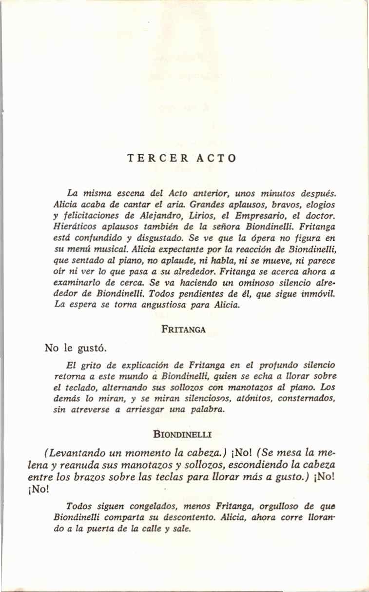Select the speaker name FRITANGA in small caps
183,329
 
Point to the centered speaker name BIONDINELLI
183,432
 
